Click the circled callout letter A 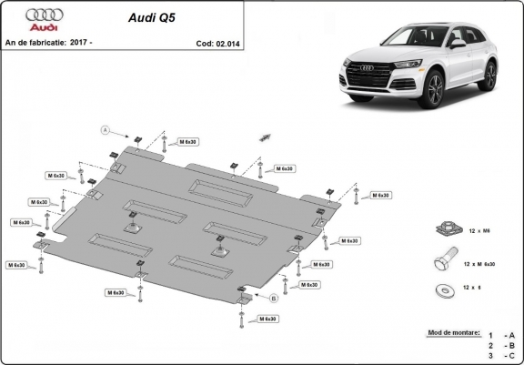[106, 130]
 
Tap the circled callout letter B [271, 297]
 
